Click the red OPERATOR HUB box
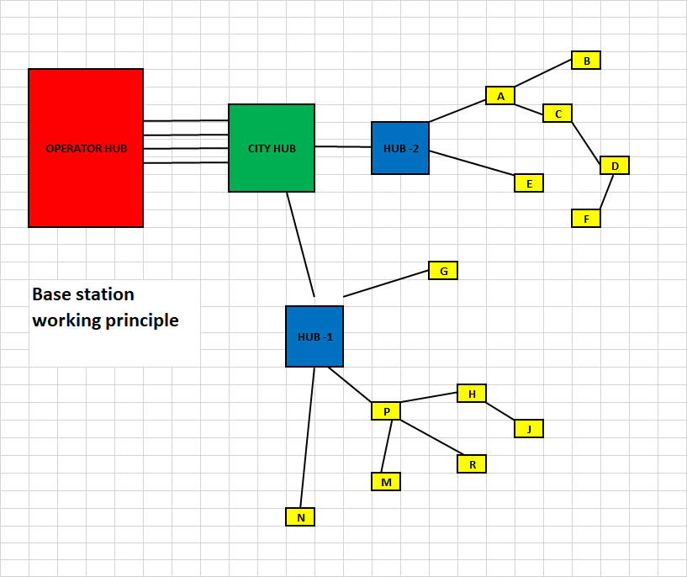86,148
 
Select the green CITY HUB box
272,148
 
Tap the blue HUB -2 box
400,148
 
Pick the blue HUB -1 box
314,336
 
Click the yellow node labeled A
500,96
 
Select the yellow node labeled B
586,61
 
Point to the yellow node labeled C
558,114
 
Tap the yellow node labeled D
615,166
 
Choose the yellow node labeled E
529,183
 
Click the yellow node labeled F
586,219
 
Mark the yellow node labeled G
443,271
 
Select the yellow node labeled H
472,394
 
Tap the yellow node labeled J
529,429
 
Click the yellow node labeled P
386,411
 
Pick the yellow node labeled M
386,482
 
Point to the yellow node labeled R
472,464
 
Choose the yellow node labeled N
300,517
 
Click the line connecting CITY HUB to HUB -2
343,147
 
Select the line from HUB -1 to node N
307,437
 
